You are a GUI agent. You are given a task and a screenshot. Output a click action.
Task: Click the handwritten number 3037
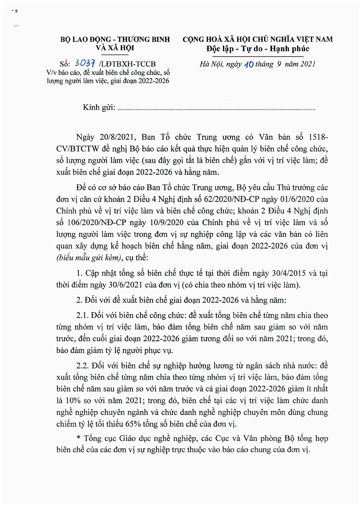tap(85, 63)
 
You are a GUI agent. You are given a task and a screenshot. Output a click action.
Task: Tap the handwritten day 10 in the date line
tap(249, 64)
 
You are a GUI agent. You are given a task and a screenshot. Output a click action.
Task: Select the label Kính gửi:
tap(99, 107)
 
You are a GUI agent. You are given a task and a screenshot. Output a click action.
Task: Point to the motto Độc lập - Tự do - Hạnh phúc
tap(258, 49)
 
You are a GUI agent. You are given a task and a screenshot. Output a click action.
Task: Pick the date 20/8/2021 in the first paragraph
tap(117, 137)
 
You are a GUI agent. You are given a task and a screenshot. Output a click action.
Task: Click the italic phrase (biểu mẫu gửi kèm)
tap(89, 258)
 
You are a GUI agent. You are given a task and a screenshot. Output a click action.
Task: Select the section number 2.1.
tap(82, 315)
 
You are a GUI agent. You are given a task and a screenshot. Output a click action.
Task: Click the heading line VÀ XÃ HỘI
tap(115, 48)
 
